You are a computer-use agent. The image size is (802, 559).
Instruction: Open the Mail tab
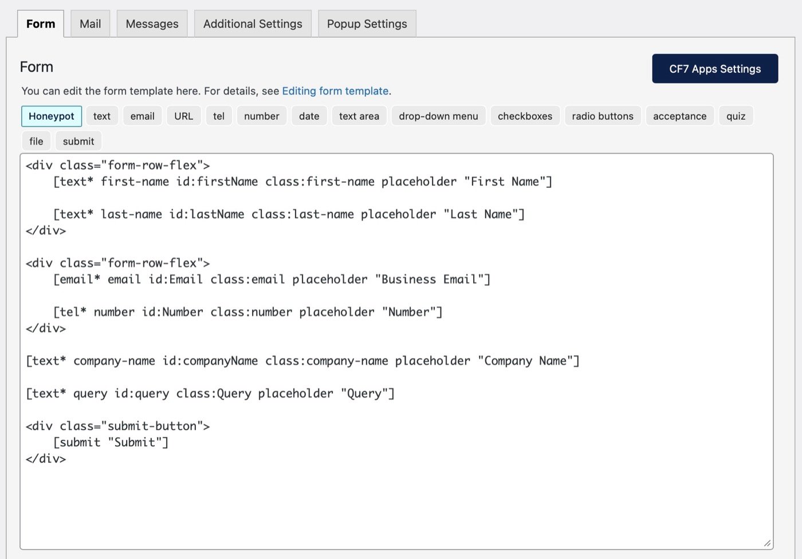pyautogui.click(x=91, y=23)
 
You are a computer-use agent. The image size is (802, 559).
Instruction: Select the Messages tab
pyautogui.click(x=152, y=23)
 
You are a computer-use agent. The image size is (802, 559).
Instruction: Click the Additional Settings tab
pyautogui.click(x=253, y=23)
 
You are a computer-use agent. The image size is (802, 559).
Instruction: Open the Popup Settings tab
pyautogui.click(x=367, y=23)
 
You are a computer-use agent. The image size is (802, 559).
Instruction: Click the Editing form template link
pyautogui.click(x=335, y=91)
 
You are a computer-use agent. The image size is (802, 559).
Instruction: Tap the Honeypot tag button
pyautogui.click(x=52, y=116)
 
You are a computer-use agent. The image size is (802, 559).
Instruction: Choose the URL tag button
pyautogui.click(x=184, y=116)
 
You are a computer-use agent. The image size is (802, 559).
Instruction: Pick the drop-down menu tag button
pyautogui.click(x=439, y=116)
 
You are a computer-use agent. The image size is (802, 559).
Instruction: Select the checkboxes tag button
pyautogui.click(x=525, y=116)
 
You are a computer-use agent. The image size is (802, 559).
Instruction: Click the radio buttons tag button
pyautogui.click(x=603, y=116)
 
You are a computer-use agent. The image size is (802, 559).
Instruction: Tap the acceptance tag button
pyautogui.click(x=680, y=116)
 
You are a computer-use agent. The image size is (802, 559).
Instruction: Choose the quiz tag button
pyautogui.click(x=736, y=116)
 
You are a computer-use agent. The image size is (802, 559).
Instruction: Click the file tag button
pyautogui.click(x=36, y=141)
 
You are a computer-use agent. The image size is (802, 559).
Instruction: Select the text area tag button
pyautogui.click(x=359, y=116)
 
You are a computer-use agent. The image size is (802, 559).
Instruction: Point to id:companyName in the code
pyautogui.click(x=210, y=361)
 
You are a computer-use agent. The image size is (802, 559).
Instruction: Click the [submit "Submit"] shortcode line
pyautogui.click(x=111, y=442)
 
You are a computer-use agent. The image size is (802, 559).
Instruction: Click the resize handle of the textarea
pyautogui.click(x=767, y=544)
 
